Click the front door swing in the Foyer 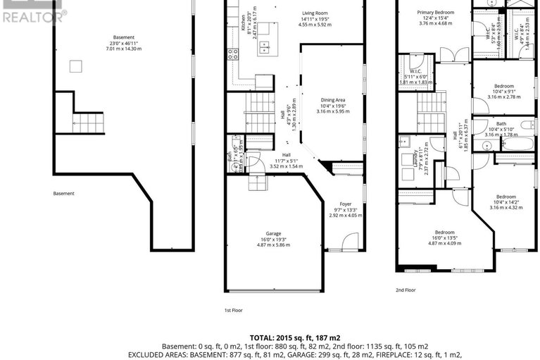(349, 243)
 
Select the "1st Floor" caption (233, 309)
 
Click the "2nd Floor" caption (406, 290)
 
